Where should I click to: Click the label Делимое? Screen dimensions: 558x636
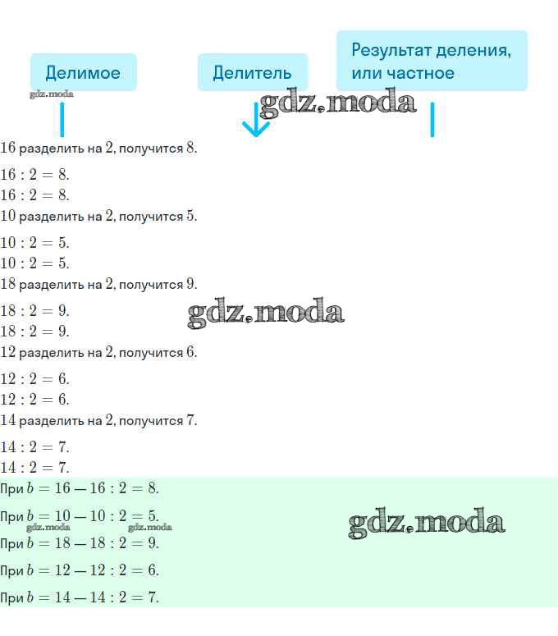83,73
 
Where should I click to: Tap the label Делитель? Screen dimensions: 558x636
252,73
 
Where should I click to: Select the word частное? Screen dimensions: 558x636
420,73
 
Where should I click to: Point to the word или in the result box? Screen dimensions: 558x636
367,73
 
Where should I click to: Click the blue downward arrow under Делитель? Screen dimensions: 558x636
256,120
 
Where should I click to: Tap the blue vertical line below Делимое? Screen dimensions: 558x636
62,119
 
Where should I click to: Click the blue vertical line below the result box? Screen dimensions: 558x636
432,119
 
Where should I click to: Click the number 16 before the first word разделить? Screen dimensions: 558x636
7,148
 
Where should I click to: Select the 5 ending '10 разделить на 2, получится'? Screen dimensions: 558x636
190,216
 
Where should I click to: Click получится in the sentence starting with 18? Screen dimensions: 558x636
151,285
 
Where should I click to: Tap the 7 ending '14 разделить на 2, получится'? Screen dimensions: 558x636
190,420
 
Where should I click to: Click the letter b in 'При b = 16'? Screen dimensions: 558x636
30,488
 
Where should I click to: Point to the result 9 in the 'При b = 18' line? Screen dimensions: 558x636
152,543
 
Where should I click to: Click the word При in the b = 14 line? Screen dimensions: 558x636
11,598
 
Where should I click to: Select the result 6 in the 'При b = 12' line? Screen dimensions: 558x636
152,570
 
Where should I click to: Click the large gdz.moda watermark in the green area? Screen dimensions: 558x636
427,523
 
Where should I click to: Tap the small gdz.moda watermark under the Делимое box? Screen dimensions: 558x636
52,94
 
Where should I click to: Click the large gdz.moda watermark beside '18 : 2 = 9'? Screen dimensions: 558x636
266,313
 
